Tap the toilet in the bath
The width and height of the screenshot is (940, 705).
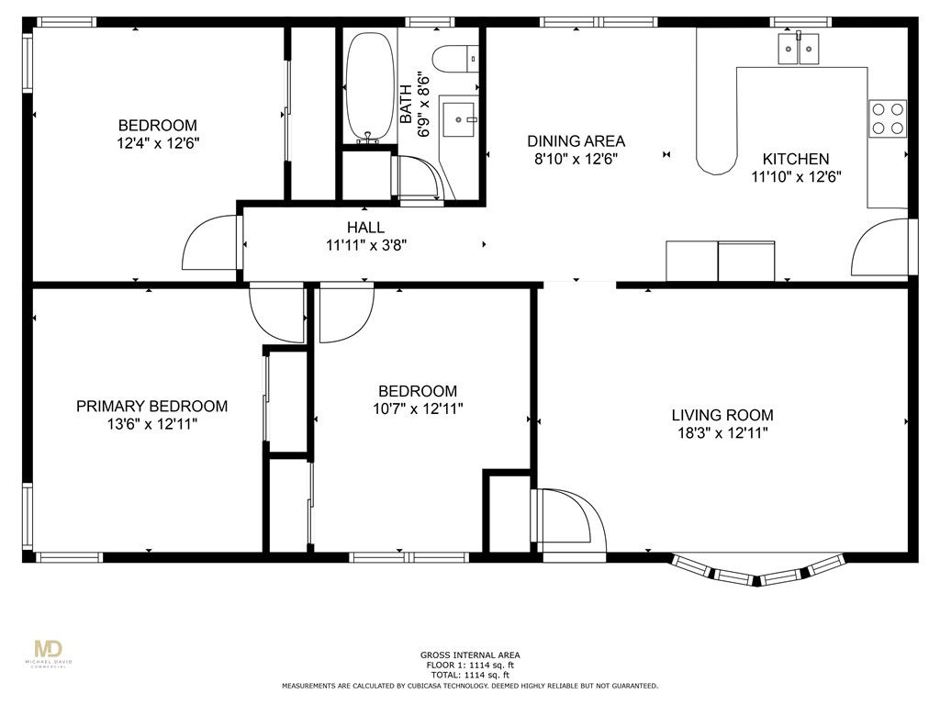pos(455,60)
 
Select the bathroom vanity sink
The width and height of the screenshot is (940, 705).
pos(459,119)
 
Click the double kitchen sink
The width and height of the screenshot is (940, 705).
pos(799,49)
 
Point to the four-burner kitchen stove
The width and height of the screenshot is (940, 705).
pos(888,118)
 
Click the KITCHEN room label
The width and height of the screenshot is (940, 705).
pos(796,159)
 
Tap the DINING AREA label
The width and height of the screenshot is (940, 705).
pos(576,140)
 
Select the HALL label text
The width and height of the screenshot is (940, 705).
pos(365,228)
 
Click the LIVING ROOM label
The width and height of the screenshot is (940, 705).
pos(722,415)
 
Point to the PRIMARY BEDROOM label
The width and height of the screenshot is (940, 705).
pos(151,406)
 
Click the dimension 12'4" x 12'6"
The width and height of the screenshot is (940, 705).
pos(158,143)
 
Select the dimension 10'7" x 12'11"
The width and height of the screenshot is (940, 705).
pos(418,408)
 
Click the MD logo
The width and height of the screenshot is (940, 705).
pos(49,649)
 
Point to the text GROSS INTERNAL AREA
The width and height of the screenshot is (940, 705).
pos(470,655)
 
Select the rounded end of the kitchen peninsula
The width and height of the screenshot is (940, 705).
pos(716,162)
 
